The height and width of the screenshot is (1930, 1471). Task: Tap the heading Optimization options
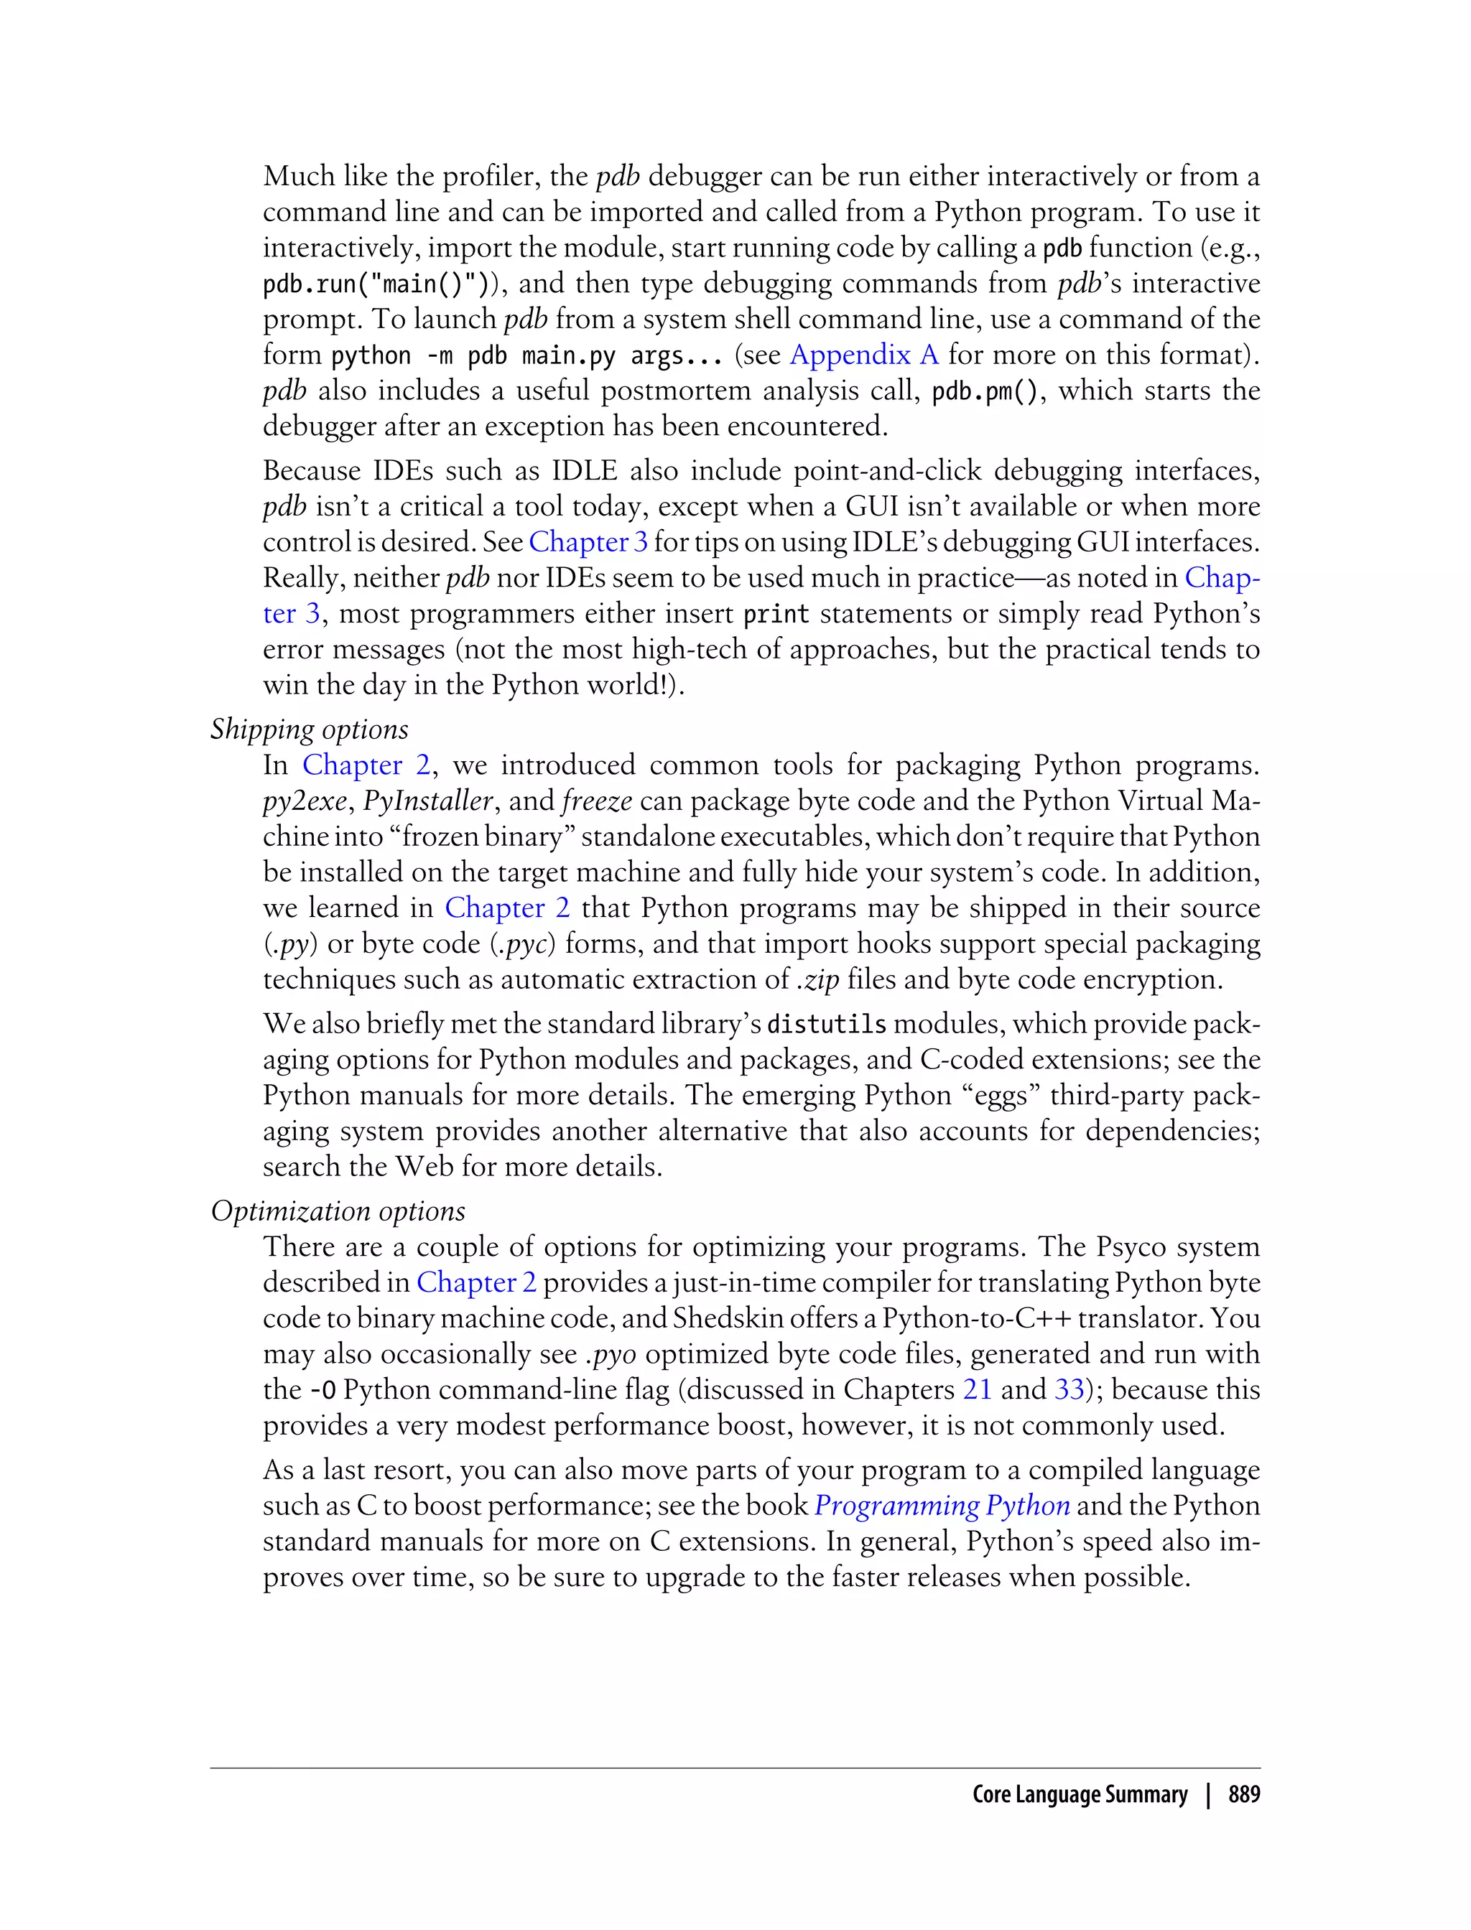pyautogui.click(x=338, y=1211)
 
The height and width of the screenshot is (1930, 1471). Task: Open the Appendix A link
pyautogui.click(x=863, y=355)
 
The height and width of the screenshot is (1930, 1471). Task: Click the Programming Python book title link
pyautogui.click(x=941, y=1506)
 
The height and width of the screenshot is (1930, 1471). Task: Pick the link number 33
pyautogui.click(x=1068, y=1390)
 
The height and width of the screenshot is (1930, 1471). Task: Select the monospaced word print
pyautogui.click(x=776, y=615)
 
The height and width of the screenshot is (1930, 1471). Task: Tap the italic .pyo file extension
pyautogui.click(x=611, y=1354)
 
